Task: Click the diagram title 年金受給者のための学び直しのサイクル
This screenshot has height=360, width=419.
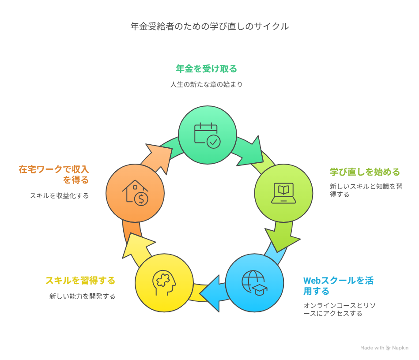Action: (209, 26)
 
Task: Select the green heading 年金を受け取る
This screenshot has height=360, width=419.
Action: (206, 69)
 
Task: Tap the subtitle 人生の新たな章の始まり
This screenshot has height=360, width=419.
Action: (206, 84)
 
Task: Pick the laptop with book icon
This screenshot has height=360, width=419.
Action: (283, 193)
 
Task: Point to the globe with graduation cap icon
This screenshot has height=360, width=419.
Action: (254, 283)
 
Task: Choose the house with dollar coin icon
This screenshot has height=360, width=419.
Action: (135, 193)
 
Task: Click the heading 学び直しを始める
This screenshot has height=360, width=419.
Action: (365, 172)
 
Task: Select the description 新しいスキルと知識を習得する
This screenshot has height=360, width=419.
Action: (366, 190)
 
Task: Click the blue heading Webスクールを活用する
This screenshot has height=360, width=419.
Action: (338, 286)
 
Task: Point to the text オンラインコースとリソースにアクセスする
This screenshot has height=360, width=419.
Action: (340, 309)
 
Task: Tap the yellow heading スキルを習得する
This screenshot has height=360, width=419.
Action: (80, 281)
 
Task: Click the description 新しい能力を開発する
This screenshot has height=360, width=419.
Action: (82, 296)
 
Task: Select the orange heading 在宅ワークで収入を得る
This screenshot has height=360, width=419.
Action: (53, 174)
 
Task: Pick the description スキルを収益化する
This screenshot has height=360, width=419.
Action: (59, 196)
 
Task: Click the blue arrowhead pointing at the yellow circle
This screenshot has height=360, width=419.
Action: (211, 293)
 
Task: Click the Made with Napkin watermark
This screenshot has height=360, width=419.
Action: (384, 348)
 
